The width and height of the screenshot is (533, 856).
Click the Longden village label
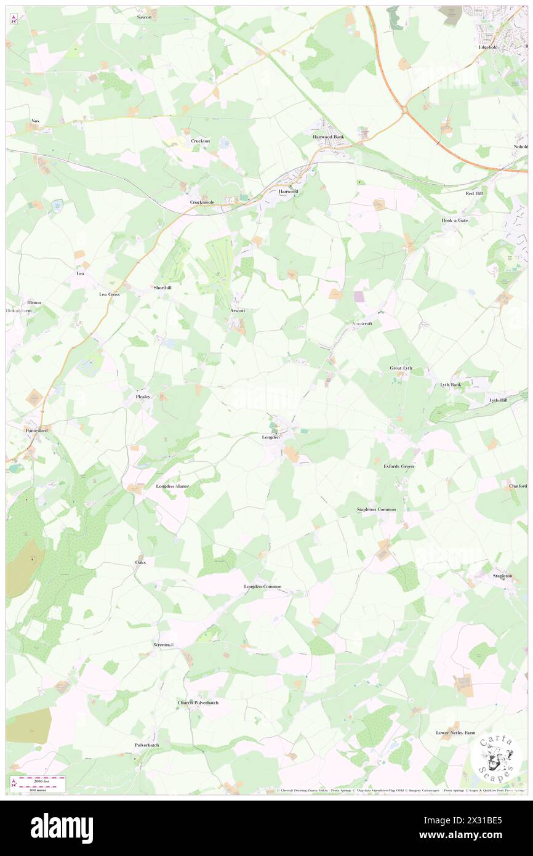(x=271, y=437)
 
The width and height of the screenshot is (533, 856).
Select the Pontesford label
(x=36, y=430)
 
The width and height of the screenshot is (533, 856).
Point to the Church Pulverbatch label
(x=198, y=703)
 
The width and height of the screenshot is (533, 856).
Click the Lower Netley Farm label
(x=455, y=733)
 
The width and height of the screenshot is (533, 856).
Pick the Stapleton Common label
(x=376, y=510)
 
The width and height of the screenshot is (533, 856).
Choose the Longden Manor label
(x=172, y=486)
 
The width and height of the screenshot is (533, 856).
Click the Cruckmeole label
(x=201, y=202)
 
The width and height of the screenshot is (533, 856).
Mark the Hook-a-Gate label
(x=455, y=220)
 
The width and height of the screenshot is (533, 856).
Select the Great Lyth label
(x=401, y=368)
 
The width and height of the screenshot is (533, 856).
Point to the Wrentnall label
(x=164, y=645)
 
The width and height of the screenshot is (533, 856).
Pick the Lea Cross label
(x=110, y=294)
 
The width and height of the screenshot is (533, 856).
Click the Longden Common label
(x=263, y=586)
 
